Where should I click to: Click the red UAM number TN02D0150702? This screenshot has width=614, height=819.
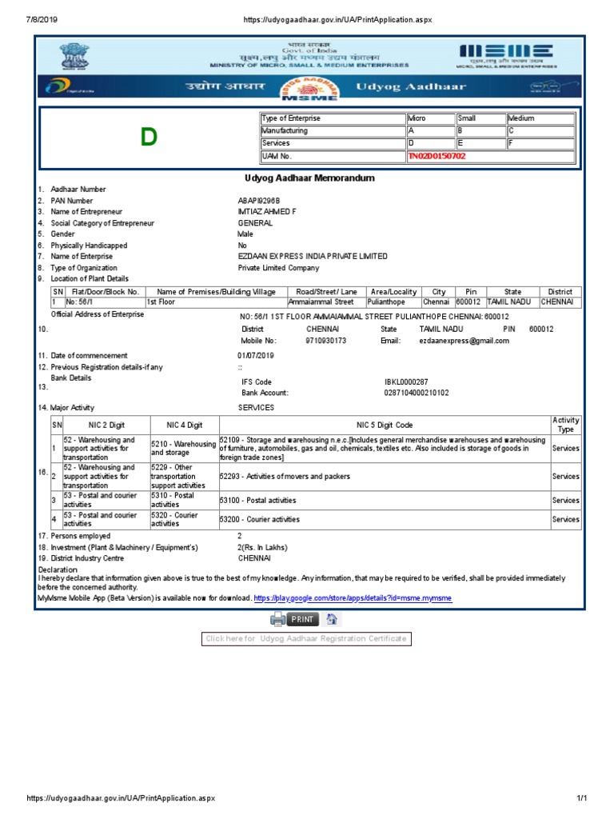click(x=437, y=156)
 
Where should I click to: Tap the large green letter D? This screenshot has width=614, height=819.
click(x=148, y=138)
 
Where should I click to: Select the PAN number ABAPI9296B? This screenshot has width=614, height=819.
click(x=259, y=201)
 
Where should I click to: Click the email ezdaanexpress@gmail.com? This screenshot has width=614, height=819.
click(x=464, y=341)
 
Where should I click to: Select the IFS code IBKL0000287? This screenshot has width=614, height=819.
click(x=407, y=382)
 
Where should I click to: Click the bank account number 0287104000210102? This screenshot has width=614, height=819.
click(x=417, y=394)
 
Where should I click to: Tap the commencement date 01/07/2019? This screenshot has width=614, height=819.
click(x=256, y=355)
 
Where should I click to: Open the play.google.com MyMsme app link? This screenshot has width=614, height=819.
click(x=353, y=598)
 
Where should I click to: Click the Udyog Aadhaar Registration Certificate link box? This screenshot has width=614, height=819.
click(x=306, y=638)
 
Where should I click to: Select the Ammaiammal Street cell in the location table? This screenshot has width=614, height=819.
click(x=321, y=302)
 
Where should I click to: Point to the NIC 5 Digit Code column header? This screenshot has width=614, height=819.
click(x=384, y=425)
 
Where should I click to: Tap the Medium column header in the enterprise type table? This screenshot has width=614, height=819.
click(x=521, y=118)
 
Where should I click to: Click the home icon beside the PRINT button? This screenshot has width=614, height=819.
click(x=332, y=619)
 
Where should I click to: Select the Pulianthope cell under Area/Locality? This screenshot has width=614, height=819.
click(x=386, y=302)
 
